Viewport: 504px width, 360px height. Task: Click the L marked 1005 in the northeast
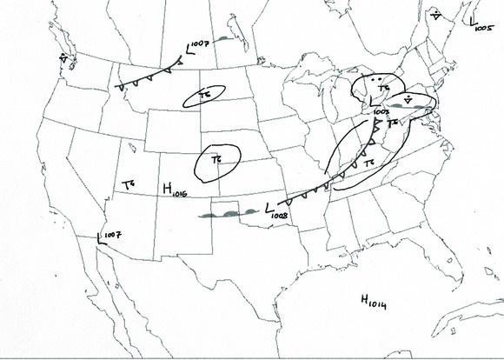click(x=470, y=19)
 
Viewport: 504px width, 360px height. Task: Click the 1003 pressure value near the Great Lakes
click(x=381, y=112)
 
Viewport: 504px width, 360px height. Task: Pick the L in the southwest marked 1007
click(x=102, y=238)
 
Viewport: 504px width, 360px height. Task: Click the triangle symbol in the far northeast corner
click(x=435, y=15)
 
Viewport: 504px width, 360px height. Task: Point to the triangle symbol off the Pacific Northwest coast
click(x=63, y=57)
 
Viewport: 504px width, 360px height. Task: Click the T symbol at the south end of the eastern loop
click(x=368, y=163)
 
